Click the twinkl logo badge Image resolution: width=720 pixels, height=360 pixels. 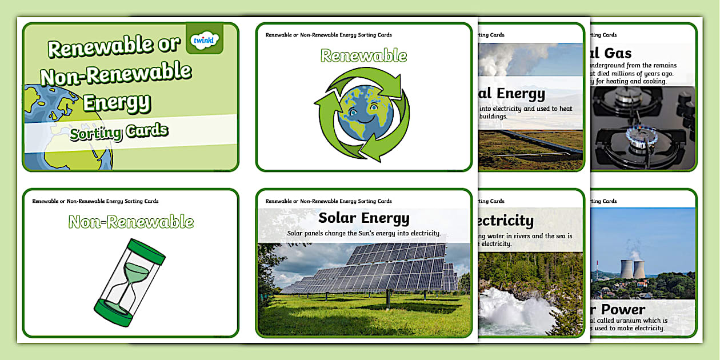(204, 39)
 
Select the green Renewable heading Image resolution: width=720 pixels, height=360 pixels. (363, 56)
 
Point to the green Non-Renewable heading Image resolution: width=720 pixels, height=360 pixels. (131, 222)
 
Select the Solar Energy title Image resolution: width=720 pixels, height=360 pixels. (363, 218)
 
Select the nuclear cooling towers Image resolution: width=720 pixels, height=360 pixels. (634, 269)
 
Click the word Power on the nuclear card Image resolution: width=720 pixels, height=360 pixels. (622, 310)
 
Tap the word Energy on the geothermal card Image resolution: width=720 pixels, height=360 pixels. (520, 94)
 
